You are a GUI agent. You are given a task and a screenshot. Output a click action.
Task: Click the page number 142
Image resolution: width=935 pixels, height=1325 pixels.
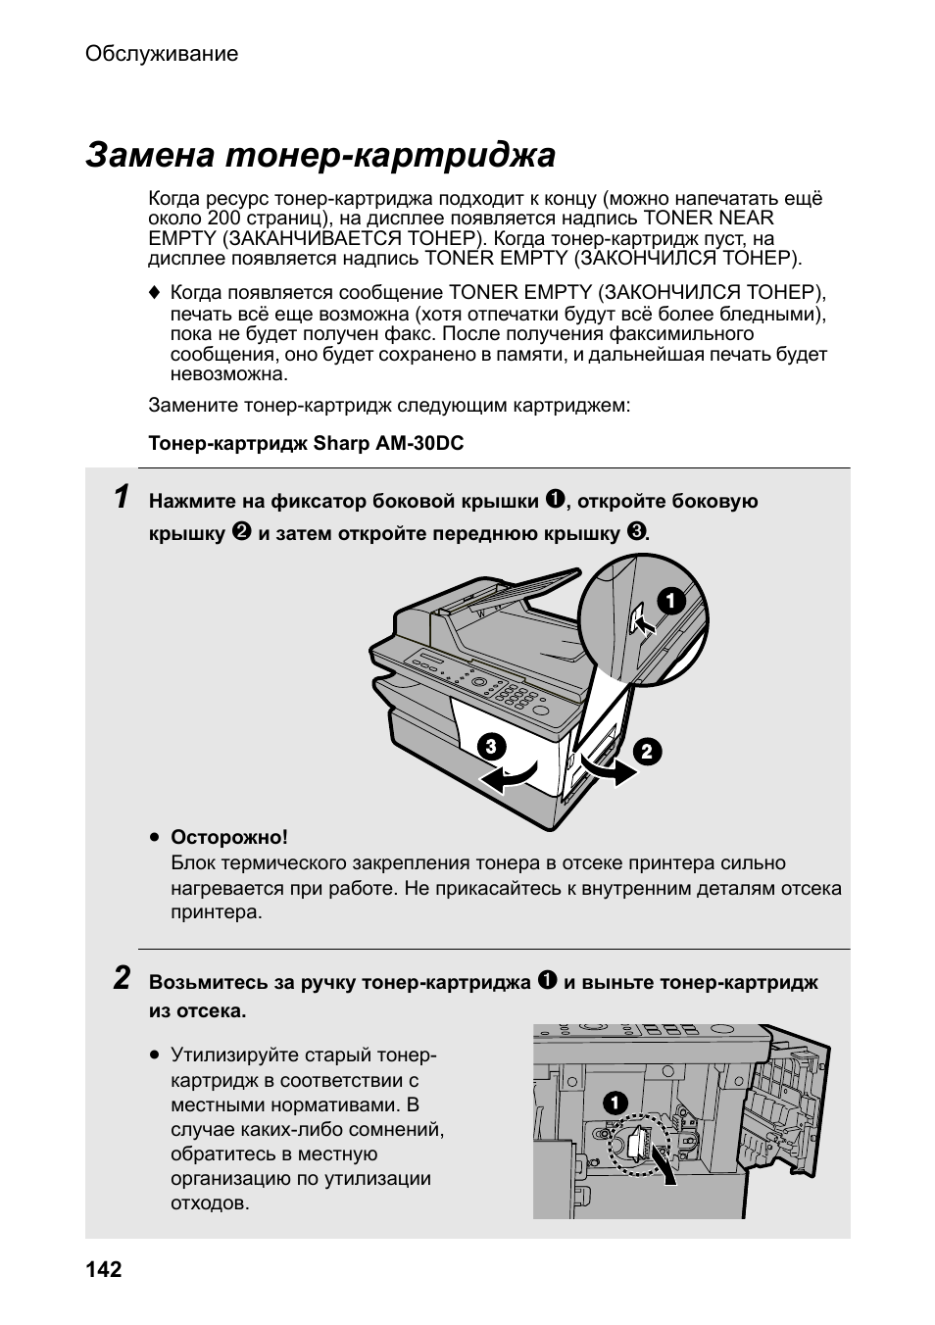(104, 1270)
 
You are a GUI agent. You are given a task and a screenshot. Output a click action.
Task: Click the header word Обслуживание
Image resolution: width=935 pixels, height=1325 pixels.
(162, 54)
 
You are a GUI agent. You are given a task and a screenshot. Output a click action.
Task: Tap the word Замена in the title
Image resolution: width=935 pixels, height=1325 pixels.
(149, 155)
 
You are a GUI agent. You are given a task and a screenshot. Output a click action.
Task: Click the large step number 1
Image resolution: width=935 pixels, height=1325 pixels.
(120, 497)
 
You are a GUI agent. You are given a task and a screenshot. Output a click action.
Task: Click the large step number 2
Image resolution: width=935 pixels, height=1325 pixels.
(121, 977)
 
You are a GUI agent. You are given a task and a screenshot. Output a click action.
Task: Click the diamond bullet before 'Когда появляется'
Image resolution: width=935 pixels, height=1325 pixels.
(154, 293)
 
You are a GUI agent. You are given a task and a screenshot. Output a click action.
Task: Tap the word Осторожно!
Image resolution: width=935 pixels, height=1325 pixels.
(229, 838)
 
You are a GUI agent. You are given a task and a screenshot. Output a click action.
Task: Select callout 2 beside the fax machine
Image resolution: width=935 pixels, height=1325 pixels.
(647, 753)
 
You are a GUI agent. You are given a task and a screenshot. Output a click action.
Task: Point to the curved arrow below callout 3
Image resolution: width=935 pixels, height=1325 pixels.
(510, 777)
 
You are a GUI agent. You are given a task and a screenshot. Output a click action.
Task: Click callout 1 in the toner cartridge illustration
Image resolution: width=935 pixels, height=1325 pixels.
(615, 1103)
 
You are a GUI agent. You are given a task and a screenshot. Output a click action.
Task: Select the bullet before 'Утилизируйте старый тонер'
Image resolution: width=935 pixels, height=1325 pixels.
(155, 1056)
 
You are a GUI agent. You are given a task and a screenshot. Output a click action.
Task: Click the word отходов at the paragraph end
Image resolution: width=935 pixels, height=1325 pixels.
(210, 1203)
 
